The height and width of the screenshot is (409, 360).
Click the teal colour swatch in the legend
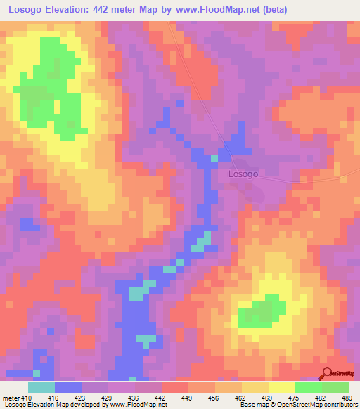click(41, 388)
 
